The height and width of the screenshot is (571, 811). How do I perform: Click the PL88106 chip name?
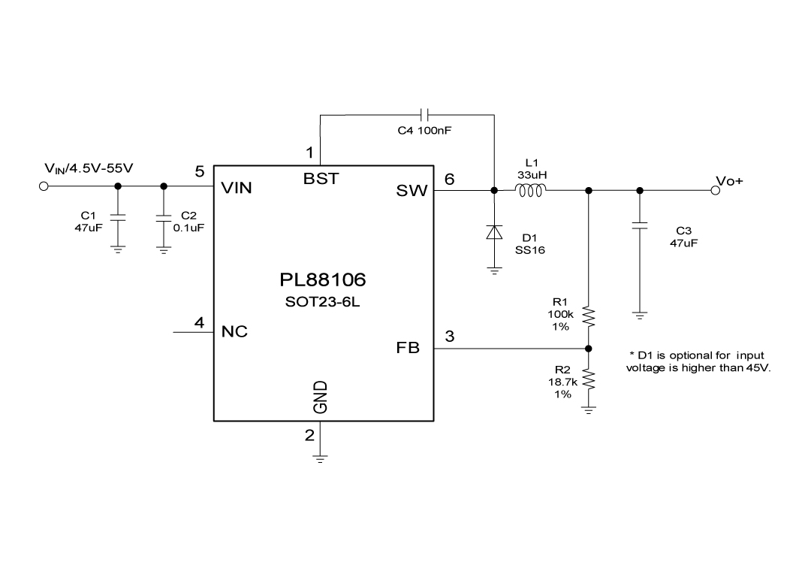tap(323, 280)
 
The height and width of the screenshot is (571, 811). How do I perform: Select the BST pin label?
tap(321, 179)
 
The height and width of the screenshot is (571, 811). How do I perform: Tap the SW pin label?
tap(412, 192)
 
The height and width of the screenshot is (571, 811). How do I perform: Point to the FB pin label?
tap(409, 348)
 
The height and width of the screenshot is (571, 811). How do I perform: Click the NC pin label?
tap(235, 331)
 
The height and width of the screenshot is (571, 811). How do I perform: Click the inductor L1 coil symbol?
tap(531, 190)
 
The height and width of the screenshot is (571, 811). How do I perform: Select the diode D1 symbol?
tap(494, 232)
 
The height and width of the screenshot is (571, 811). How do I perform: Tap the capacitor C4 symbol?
tap(426, 115)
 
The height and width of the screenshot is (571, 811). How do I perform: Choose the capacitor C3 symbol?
tap(640, 225)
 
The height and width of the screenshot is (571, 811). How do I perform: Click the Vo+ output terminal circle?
tap(714, 190)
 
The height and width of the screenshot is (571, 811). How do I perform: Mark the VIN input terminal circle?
tap(44, 186)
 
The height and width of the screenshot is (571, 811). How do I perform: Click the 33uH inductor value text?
tap(531, 174)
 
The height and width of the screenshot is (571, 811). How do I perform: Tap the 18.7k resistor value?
tap(562, 382)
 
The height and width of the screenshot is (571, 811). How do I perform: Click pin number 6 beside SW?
tap(449, 179)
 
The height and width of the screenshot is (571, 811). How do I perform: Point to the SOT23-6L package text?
tap(323, 304)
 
